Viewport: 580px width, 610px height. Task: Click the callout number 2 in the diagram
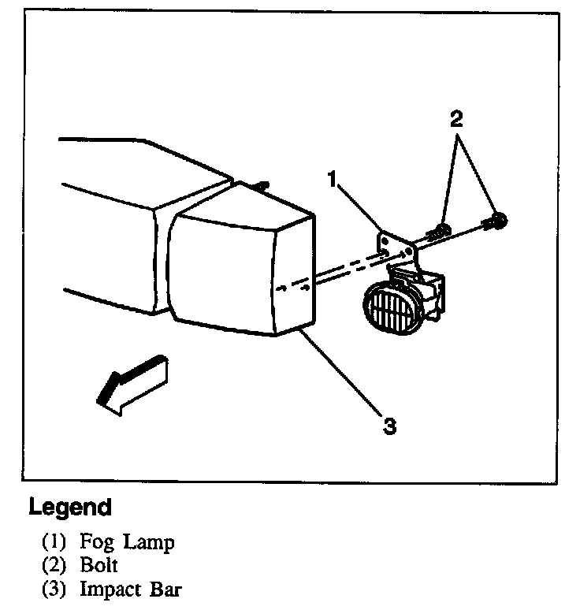455,120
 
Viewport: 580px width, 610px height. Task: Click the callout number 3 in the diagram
388,426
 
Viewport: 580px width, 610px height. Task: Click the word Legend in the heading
69,506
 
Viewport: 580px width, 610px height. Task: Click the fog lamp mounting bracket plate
396,244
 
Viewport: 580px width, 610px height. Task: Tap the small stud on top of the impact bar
263,185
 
